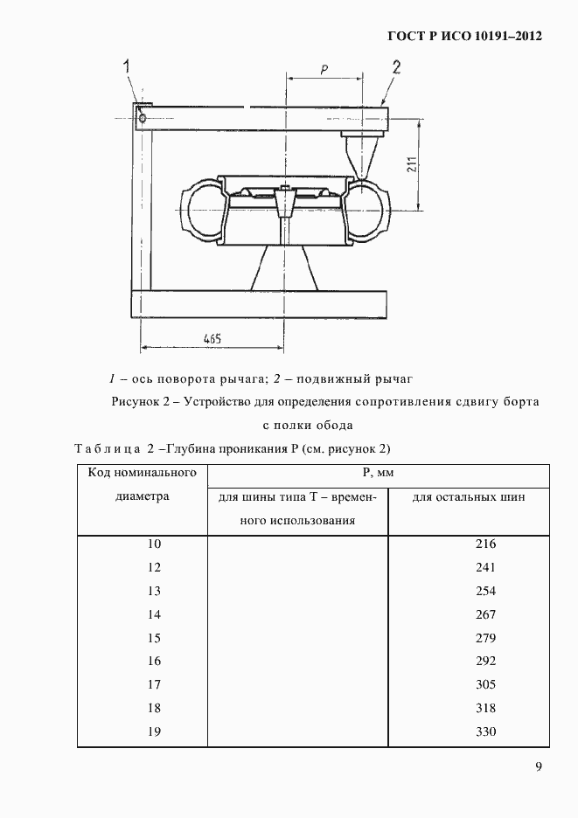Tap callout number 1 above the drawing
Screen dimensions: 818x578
(128, 66)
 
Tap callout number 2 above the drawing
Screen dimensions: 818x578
(396, 67)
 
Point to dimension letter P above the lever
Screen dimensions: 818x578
(324, 71)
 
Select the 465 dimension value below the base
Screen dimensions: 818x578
(211, 337)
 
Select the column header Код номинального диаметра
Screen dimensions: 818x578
(141, 484)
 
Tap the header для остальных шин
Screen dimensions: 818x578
(469, 496)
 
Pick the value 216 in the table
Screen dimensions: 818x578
(485, 544)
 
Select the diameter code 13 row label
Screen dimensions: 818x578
(154, 591)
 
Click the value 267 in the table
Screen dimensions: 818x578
(485, 614)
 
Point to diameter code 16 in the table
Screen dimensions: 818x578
(154, 661)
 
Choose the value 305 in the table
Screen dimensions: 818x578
(485, 684)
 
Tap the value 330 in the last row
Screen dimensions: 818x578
(485, 731)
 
